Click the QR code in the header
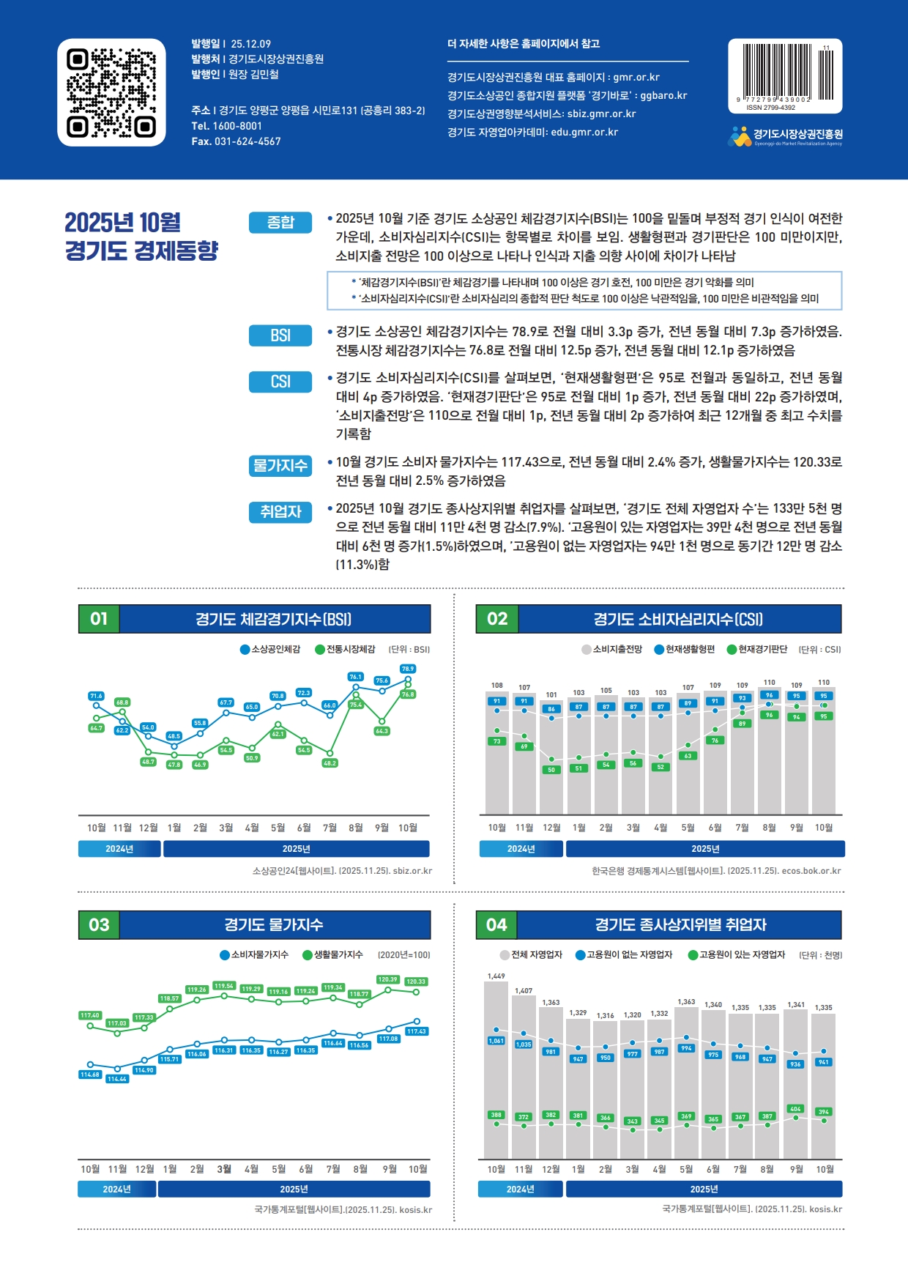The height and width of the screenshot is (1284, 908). click(111, 92)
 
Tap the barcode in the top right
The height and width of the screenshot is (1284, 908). click(784, 73)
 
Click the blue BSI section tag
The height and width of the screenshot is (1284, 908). click(280, 335)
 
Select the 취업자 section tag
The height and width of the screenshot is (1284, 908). click(280, 512)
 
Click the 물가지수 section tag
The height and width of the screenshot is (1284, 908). click(280, 466)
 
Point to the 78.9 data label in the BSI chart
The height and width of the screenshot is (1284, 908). click(408, 669)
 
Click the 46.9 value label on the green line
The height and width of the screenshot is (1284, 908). click(200, 765)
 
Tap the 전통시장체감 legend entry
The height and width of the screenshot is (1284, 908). click(345, 649)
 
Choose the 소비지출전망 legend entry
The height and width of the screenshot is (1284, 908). click(612, 649)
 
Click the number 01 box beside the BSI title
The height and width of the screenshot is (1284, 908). click(99, 619)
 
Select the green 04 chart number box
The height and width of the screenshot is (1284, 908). click(496, 925)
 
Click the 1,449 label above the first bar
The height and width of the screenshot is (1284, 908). click(496, 976)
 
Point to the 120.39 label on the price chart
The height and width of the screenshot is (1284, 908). click(387, 979)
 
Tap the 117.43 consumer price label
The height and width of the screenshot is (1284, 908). click(417, 1031)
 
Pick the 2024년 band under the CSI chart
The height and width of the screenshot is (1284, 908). click(521, 849)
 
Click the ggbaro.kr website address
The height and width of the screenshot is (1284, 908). click(663, 95)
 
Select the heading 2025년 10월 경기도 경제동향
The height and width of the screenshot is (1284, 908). click(141, 236)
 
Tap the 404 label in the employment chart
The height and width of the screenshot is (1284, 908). click(795, 1109)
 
